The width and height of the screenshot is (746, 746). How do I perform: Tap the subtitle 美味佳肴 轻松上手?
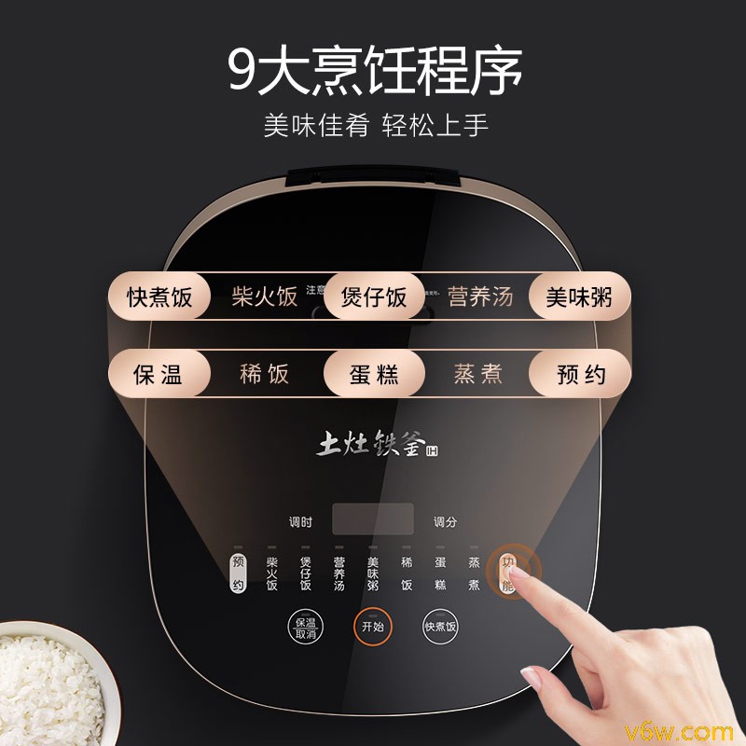pyautogui.click(x=375, y=126)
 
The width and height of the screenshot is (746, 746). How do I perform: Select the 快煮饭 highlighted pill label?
pyautogui.click(x=159, y=297)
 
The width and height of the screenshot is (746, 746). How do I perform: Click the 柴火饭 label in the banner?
pyautogui.click(x=265, y=297)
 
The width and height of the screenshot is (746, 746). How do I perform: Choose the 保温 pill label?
pyautogui.click(x=158, y=375)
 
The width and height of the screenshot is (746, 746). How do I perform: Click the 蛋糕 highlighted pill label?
pyautogui.click(x=374, y=375)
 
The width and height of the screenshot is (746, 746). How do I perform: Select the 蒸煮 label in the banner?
pyautogui.click(x=477, y=375)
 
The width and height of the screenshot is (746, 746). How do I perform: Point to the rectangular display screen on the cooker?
pyautogui.click(x=373, y=519)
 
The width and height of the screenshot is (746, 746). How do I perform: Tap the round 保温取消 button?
pyautogui.click(x=305, y=628)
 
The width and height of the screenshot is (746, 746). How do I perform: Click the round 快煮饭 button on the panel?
pyautogui.click(x=441, y=628)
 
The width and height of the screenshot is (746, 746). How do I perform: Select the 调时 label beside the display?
pyautogui.click(x=300, y=522)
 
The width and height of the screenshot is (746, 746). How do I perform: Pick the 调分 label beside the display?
pyautogui.click(x=445, y=522)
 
